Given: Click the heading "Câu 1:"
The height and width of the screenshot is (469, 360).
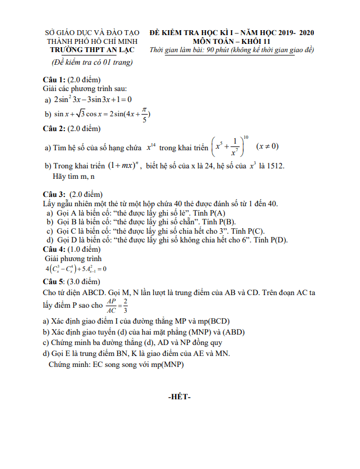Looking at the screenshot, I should click(54, 80).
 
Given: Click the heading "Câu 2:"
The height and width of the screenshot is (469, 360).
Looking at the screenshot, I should click(54, 129).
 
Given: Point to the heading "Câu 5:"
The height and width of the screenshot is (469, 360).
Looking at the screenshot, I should click(54, 282).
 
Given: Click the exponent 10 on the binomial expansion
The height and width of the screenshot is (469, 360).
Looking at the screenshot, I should click(246, 137).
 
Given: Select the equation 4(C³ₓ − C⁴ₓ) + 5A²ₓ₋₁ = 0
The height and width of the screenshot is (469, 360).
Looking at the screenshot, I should click(76, 269).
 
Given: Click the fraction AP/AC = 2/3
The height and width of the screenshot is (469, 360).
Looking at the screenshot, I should click(118, 305).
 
